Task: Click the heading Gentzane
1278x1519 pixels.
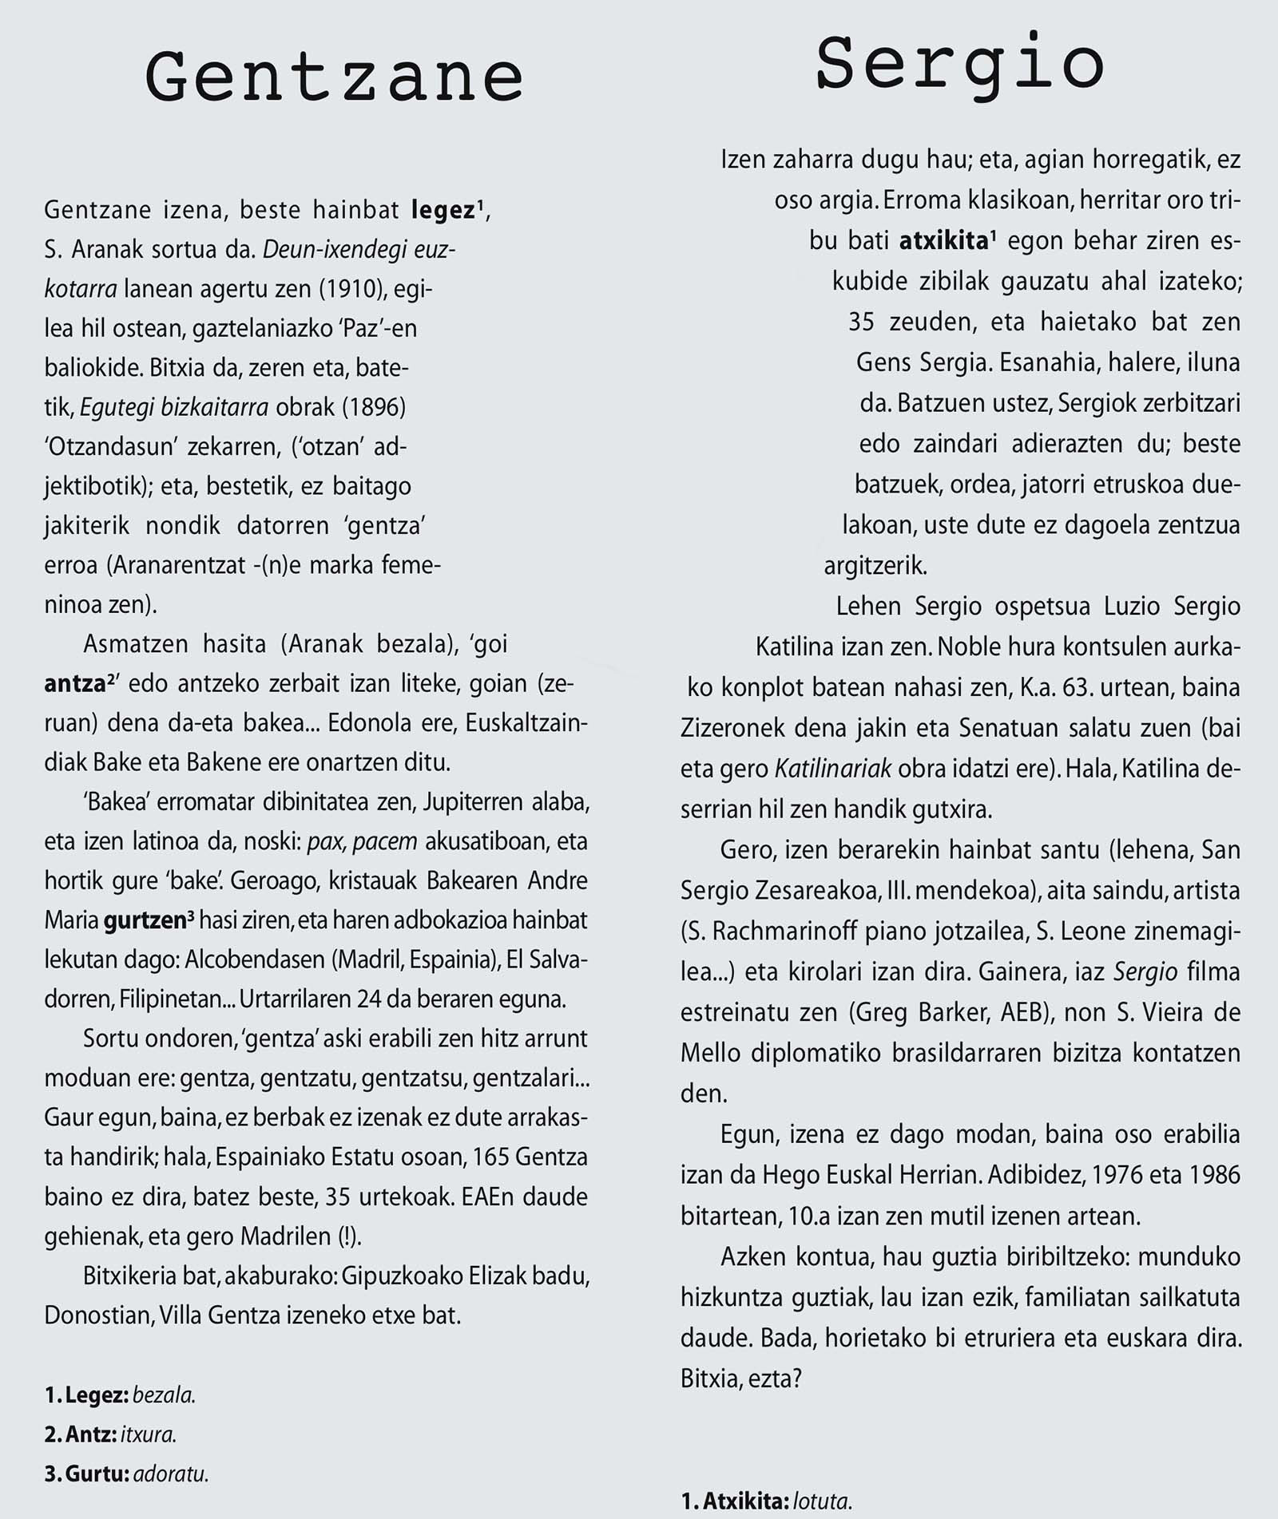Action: click(x=334, y=78)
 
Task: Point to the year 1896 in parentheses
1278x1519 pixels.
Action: click(x=374, y=407)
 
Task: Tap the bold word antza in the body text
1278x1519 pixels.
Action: click(x=76, y=684)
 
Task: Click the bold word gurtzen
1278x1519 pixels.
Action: click(x=145, y=920)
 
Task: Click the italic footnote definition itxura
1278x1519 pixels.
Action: click(x=148, y=1434)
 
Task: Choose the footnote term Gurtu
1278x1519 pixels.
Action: click(x=97, y=1474)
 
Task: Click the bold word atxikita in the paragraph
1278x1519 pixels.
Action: click(x=943, y=241)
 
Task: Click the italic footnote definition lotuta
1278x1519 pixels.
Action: click(x=822, y=1501)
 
